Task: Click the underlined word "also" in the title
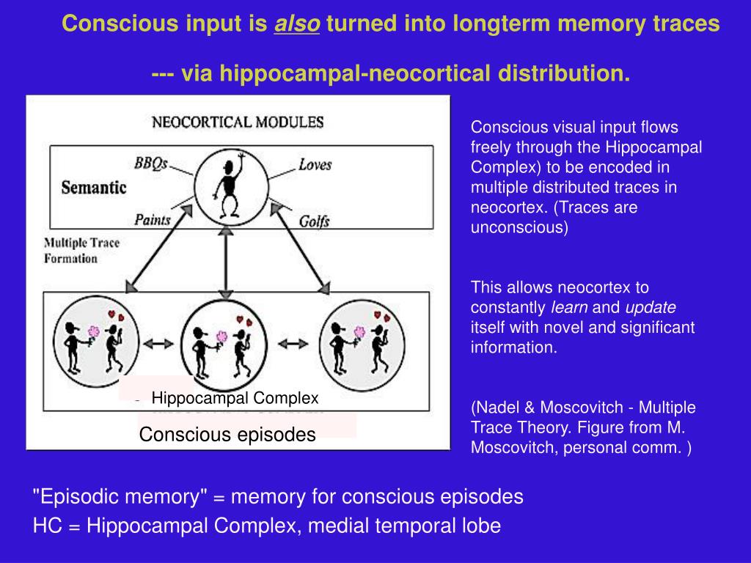(297, 24)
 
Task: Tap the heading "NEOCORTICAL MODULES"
(237, 122)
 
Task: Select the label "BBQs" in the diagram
(151, 162)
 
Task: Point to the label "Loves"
(315, 164)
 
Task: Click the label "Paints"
(153, 219)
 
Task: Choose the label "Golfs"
(314, 221)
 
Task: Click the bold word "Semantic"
(94, 187)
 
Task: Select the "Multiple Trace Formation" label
(81, 250)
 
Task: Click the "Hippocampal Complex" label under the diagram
(235, 398)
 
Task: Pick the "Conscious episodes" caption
(227, 435)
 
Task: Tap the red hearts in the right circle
(381, 316)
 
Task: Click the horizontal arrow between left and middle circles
(161, 342)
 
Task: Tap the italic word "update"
(651, 307)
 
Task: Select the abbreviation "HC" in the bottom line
(45, 526)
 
